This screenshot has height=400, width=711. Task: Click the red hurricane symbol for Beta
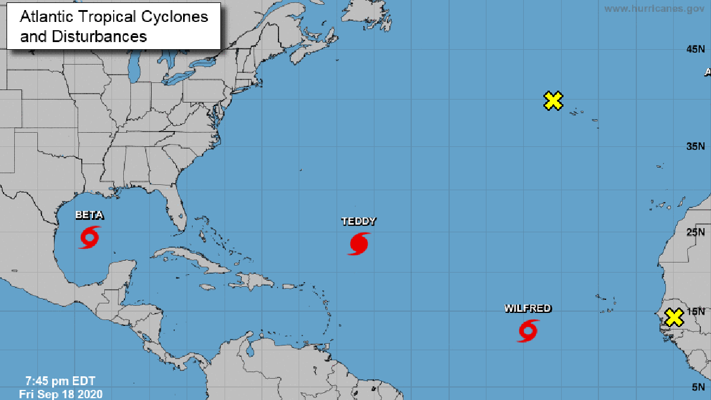89,237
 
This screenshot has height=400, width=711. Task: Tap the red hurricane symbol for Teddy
358,244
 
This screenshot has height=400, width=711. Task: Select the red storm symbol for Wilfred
528,331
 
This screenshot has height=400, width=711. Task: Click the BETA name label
89,215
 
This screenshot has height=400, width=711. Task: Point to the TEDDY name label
358,222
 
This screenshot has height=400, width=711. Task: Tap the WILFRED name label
528,308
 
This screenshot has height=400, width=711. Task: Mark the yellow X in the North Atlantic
553,101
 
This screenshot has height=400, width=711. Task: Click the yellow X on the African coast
674,318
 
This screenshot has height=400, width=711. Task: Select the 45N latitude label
695,50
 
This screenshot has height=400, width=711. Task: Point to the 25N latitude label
695,232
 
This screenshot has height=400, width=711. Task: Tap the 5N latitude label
697,387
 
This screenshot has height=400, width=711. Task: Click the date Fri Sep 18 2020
60,393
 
